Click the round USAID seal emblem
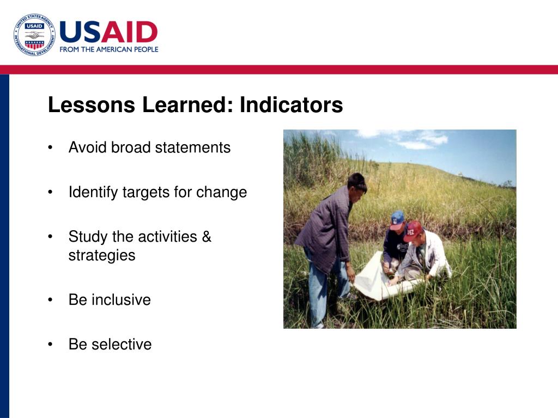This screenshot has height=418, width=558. pos(34,35)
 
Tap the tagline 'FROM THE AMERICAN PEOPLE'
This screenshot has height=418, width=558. pos(109,50)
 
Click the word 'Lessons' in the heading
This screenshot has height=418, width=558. pos(92,104)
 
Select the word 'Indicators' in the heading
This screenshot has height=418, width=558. pos(291,104)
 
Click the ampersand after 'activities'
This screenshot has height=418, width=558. pos(207,236)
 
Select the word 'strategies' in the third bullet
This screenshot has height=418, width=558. pos(102,256)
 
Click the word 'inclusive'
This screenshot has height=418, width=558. pos(121,300)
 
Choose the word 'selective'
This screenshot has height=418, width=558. pos(122,344)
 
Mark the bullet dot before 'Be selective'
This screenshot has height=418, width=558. pos(50,344)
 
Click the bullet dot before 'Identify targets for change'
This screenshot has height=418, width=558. pos(50,192)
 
